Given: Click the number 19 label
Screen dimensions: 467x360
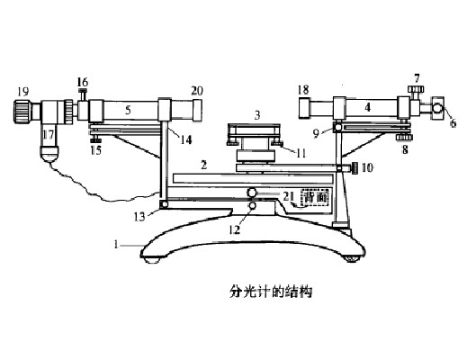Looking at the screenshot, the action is tap(23, 91).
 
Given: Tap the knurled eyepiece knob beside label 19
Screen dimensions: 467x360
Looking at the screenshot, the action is tap(22, 111).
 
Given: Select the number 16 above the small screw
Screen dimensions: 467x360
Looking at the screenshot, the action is tap(83, 82).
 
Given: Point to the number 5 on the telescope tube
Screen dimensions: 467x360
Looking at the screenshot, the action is tap(128, 111).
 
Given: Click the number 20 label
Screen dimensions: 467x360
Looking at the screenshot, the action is tap(197, 90).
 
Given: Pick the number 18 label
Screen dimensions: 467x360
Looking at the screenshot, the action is tap(303, 90).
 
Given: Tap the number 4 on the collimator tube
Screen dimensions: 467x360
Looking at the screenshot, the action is tap(368, 107).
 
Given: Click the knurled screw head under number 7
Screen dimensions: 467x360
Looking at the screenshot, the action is tap(416, 89).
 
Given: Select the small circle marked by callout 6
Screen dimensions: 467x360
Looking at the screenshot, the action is tap(437, 108).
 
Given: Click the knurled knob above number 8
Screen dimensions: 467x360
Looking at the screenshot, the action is tap(404, 138).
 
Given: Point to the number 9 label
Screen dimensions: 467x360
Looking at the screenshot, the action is tap(316, 134).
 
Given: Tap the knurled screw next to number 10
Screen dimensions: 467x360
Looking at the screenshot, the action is tap(355, 168).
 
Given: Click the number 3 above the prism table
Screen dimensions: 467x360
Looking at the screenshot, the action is tap(257, 115).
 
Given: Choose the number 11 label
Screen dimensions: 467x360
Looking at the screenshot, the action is tap(301, 153).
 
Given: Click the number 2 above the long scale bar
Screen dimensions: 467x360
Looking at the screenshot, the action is tap(204, 165).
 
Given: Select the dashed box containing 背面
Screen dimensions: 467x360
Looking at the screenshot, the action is tap(315, 197).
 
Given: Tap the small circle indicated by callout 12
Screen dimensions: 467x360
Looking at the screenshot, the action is tap(252, 206).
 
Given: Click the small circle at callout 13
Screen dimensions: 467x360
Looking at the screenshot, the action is tap(164, 205).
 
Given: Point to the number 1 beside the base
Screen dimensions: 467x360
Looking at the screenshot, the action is tap(116, 245).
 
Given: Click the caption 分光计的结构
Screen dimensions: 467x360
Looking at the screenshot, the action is tap(271, 291).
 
